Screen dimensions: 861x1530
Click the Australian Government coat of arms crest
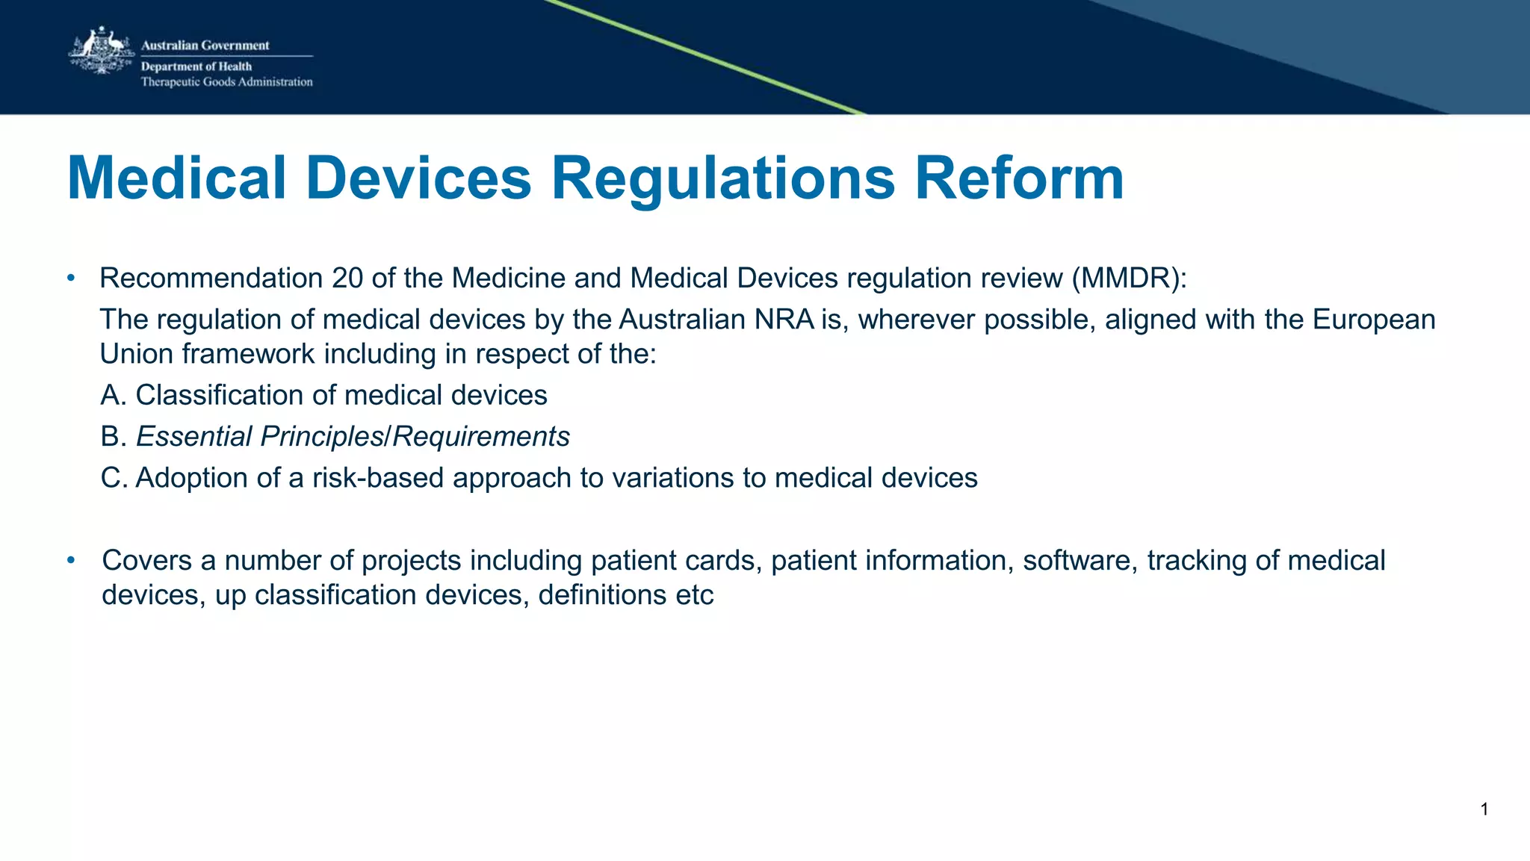point(101,51)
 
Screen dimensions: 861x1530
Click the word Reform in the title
point(1019,178)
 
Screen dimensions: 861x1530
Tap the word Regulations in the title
point(722,178)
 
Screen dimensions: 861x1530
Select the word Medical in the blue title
point(176,178)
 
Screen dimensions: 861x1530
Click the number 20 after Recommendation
point(347,279)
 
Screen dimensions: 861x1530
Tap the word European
point(1373,320)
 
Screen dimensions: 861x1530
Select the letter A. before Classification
point(114,395)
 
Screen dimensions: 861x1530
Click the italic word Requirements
point(480,437)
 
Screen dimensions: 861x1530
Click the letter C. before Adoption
point(114,478)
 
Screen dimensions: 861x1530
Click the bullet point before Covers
point(71,560)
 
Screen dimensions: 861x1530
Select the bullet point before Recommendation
point(71,279)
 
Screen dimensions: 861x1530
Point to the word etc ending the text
point(694,595)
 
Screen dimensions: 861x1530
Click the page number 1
point(1484,809)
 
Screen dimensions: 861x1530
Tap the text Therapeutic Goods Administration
point(226,82)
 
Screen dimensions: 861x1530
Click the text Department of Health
point(196,66)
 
